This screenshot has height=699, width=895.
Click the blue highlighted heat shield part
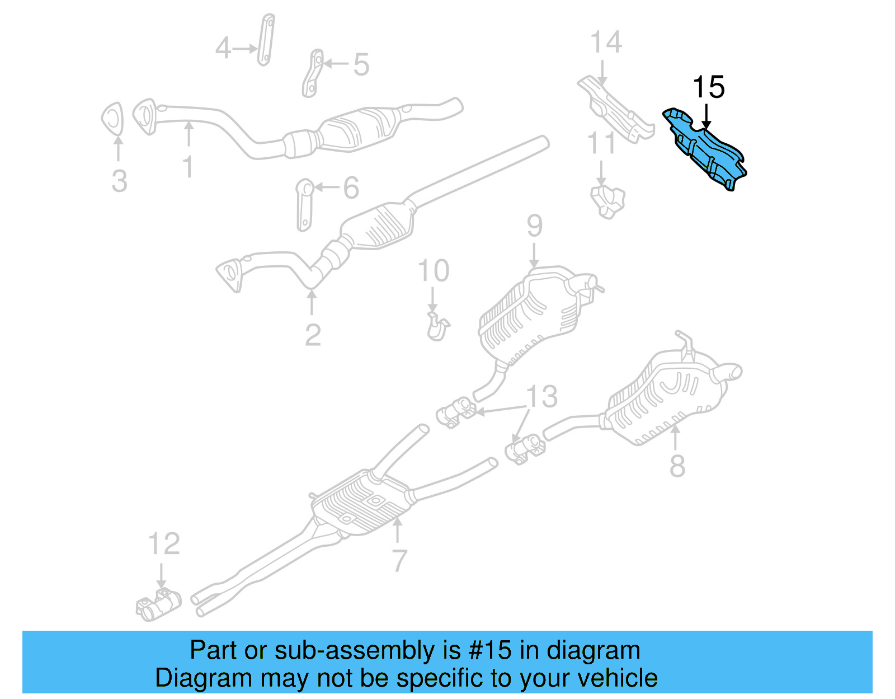(x=706, y=150)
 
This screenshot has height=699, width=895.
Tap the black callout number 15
(x=708, y=88)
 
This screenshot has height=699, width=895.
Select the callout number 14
(x=606, y=43)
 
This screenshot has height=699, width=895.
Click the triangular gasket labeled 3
(x=112, y=119)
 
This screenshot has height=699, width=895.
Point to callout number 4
(x=223, y=48)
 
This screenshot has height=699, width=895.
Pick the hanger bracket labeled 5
(x=312, y=73)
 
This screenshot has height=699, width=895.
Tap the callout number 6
(x=351, y=188)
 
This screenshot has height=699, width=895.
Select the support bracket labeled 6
(x=304, y=204)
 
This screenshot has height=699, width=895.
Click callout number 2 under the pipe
(x=313, y=335)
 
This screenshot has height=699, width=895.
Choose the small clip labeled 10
(x=437, y=327)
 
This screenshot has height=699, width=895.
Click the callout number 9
(x=534, y=226)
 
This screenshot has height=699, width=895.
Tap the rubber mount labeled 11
(x=607, y=201)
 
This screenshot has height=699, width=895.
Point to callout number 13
(x=541, y=396)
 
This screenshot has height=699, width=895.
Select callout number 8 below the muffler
(x=677, y=466)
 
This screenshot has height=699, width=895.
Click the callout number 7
(x=399, y=560)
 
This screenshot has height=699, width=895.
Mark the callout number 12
(x=164, y=544)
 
